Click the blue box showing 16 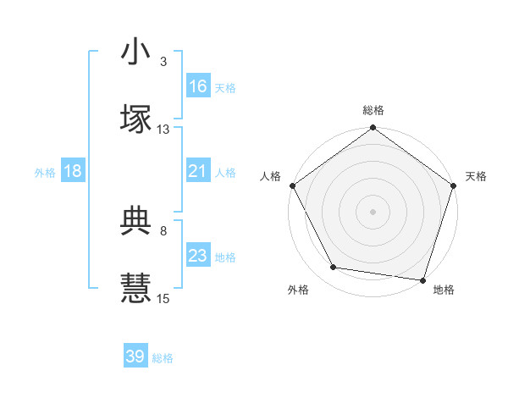198,86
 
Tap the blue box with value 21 197,171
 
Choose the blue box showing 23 197,256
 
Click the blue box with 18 73,171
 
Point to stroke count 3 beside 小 163,62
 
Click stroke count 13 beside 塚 163,130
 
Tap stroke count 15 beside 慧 163,298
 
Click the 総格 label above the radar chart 373,111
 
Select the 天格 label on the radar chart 476,176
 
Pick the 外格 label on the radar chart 297,290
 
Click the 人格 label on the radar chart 270,176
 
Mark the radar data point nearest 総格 373,130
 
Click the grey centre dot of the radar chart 373,211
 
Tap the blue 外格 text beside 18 45,172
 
